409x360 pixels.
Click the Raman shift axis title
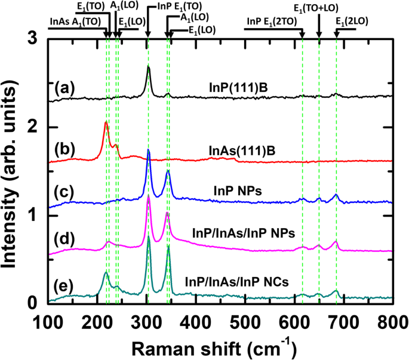[220, 346]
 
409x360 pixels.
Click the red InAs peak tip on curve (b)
[106, 122]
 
